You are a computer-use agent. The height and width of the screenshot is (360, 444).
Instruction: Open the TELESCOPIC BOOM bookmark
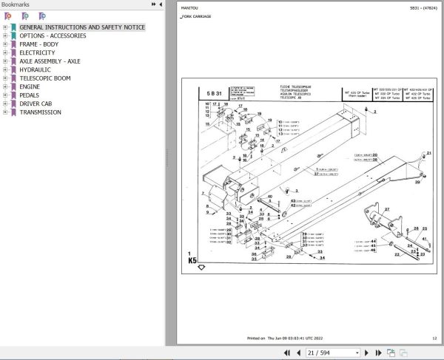pos(44,78)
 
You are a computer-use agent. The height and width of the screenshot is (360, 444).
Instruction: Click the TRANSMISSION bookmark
pos(41,112)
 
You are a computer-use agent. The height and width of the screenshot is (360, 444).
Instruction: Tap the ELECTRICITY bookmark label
pos(37,52)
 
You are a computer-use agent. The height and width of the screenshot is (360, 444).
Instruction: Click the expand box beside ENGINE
pos(5,86)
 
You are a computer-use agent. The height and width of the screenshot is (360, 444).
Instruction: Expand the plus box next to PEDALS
pos(5,95)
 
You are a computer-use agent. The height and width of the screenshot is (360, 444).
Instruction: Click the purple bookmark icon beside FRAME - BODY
pos(13,44)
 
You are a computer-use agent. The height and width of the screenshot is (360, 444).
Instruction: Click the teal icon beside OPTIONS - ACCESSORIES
pos(13,35)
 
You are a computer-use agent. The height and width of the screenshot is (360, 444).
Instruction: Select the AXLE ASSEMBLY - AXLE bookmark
pos(50,61)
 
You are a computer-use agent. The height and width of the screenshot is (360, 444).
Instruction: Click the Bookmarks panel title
pos(16,4)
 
